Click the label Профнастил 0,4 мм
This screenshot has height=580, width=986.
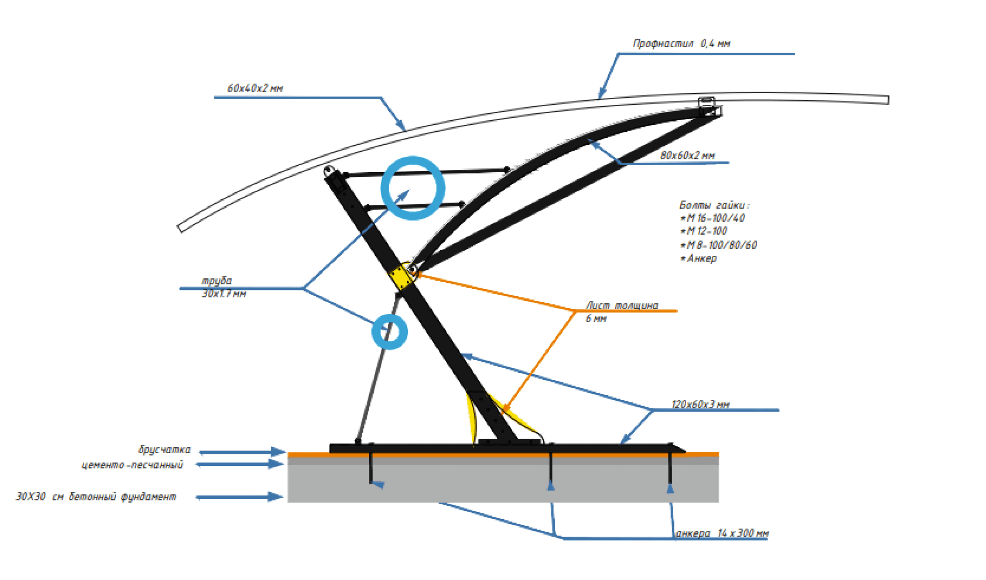[681, 43]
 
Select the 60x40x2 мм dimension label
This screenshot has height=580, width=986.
[255, 88]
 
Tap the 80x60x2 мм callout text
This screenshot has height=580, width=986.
[687, 155]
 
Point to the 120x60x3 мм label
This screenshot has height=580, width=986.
[700, 404]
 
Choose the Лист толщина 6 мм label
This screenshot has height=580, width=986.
[621, 312]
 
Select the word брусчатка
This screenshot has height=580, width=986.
[164, 449]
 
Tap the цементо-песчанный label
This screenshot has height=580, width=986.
[132, 465]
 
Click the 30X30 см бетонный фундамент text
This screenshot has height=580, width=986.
[96, 497]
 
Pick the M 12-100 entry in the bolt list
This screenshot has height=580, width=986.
[704, 231]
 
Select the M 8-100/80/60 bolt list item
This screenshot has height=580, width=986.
[718, 245]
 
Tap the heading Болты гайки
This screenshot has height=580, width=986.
[714, 205]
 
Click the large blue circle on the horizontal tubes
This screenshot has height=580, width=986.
[413, 188]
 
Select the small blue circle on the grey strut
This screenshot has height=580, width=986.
[389, 332]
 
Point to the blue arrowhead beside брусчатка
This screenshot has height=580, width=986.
[278, 452]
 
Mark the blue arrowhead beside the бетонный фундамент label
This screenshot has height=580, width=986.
[276, 497]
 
